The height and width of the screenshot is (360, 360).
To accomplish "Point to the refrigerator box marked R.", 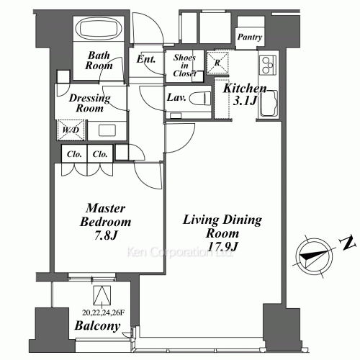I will click(x=217, y=63).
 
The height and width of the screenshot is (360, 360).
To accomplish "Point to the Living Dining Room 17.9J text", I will click(x=211, y=232).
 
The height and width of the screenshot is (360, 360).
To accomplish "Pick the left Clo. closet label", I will click(x=73, y=153).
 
